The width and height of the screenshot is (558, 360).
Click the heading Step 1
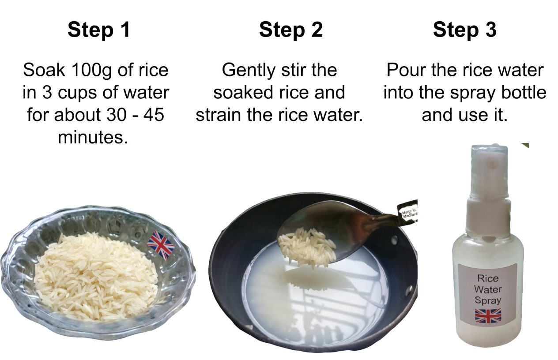(x=99, y=30)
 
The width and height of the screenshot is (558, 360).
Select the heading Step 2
(x=291, y=30)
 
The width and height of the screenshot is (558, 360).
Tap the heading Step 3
(x=464, y=30)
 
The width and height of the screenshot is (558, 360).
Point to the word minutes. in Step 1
(x=93, y=137)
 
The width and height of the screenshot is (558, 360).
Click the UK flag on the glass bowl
(x=161, y=244)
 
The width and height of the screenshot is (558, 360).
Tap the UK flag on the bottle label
(x=488, y=315)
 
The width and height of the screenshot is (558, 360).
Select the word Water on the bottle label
(x=488, y=289)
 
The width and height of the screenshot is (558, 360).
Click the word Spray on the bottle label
(x=488, y=300)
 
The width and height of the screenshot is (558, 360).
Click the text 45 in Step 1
(x=154, y=115)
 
